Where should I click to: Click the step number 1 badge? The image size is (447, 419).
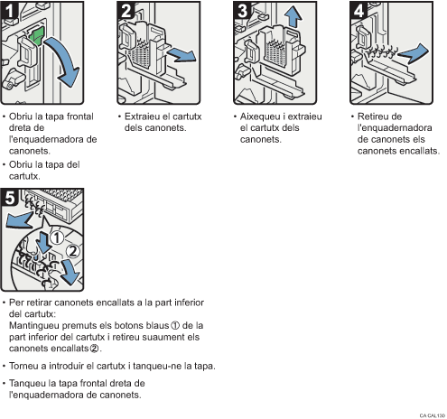(x=12, y=13)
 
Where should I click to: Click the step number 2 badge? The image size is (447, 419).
(x=127, y=13)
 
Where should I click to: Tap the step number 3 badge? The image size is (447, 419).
(x=242, y=13)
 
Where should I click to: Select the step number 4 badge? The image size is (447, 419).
(x=358, y=13)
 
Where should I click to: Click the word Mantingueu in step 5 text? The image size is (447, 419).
(x=35, y=323)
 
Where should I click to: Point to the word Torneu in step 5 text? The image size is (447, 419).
(x=26, y=366)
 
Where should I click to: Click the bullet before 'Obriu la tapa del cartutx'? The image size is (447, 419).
(x=5, y=164)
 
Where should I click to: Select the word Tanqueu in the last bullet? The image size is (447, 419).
(x=29, y=384)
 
